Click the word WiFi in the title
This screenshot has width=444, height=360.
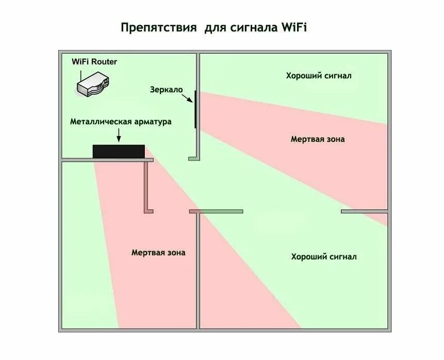click(x=294, y=27)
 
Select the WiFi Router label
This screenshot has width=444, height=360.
click(x=94, y=62)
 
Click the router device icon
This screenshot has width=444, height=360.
click(x=93, y=84)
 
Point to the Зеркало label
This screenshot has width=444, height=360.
click(x=167, y=89)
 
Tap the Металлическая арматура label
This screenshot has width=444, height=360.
click(x=121, y=122)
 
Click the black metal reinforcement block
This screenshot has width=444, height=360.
click(x=118, y=151)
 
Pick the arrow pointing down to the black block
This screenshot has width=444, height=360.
click(x=119, y=135)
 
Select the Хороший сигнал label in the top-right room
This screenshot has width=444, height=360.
click(x=319, y=76)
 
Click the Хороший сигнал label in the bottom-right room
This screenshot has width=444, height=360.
click(x=323, y=256)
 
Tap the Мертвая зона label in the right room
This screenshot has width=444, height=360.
click(x=318, y=139)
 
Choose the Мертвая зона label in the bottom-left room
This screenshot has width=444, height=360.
click(x=158, y=253)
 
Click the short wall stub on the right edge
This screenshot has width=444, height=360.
click(x=364, y=211)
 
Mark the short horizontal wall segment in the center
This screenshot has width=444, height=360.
click(x=216, y=211)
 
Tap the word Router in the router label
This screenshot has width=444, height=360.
click(x=105, y=62)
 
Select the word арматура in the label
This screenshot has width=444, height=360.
click(x=152, y=122)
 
